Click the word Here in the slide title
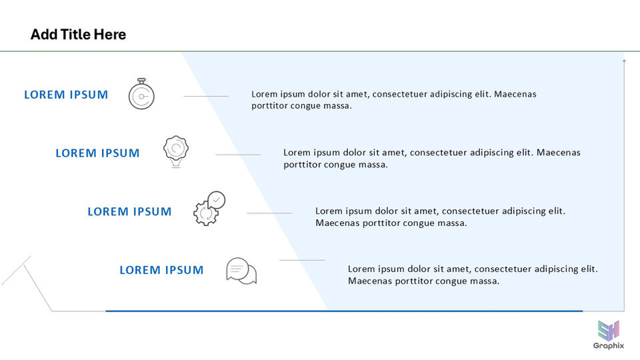(x=110, y=35)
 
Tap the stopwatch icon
(x=141, y=95)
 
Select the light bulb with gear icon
(x=176, y=151)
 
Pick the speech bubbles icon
(x=241, y=271)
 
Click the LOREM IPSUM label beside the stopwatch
(x=66, y=95)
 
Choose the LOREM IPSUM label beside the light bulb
(x=97, y=153)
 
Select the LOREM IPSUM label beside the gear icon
(x=129, y=212)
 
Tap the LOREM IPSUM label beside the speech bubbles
(x=161, y=270)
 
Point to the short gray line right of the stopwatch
(x=206, y=96)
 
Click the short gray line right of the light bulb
(x=238, y=155)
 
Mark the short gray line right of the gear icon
(x=269, y=213)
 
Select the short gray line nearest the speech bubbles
(x=302, y=260)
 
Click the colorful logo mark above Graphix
(x=608, y=330)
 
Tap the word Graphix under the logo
(x=608, y=346)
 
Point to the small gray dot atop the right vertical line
(x=624, y=61)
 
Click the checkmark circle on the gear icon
(x=217, y=199)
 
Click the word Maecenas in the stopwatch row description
(x=515, y=94)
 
